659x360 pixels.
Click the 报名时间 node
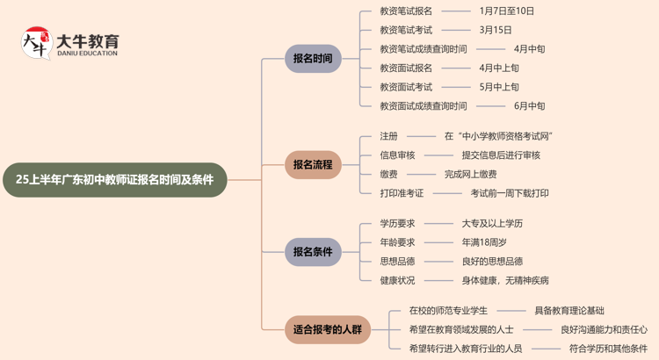click(313, 59)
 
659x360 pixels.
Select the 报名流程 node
click(313, 164)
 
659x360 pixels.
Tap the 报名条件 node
click(313, 252)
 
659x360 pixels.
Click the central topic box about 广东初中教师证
click(114, 179)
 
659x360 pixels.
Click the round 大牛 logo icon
click(36, 42)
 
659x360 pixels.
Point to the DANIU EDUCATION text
click(87, 54)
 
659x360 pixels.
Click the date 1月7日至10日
click(507, 11)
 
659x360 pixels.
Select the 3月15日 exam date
click(496, 30)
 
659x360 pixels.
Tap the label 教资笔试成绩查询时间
click(424, 49)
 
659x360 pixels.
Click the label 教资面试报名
click(406, 68)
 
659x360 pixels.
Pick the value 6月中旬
click(530, 106)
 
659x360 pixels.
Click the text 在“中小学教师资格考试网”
click(498, 136)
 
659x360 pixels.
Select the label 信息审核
click(397, 155)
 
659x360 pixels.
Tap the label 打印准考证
click(402, 193)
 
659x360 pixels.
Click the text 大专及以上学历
click(492, 223)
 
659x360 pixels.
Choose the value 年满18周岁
click(484, 242)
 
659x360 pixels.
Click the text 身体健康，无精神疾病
click(505, 280)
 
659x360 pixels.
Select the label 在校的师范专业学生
click(448, 310)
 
